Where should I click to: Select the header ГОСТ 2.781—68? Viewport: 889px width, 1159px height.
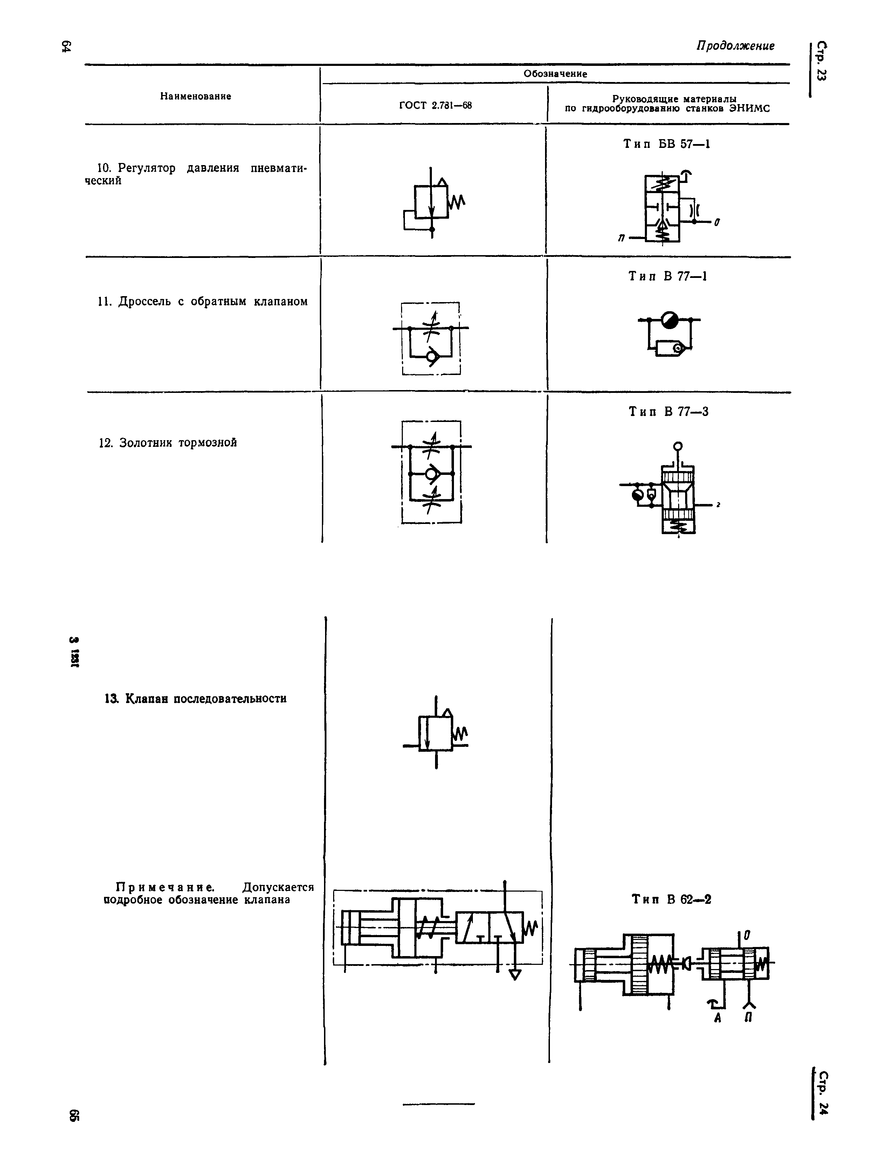(x=435, y=105)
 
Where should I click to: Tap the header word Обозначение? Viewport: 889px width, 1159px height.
(x=556, y=74)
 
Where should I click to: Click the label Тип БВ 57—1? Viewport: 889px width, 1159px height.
(x=667, y=144)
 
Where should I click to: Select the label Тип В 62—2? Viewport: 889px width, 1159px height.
(x=671, y=899)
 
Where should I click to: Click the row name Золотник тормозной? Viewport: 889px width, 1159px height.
(x=168, y=443)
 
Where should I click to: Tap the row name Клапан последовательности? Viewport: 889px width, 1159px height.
(x=196, y=699)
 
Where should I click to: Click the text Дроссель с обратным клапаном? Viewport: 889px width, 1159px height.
(x=203, y=302)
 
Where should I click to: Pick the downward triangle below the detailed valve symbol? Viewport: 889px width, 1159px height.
(x=514, y=975)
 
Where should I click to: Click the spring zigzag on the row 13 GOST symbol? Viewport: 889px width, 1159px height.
(x=460, y=733)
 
